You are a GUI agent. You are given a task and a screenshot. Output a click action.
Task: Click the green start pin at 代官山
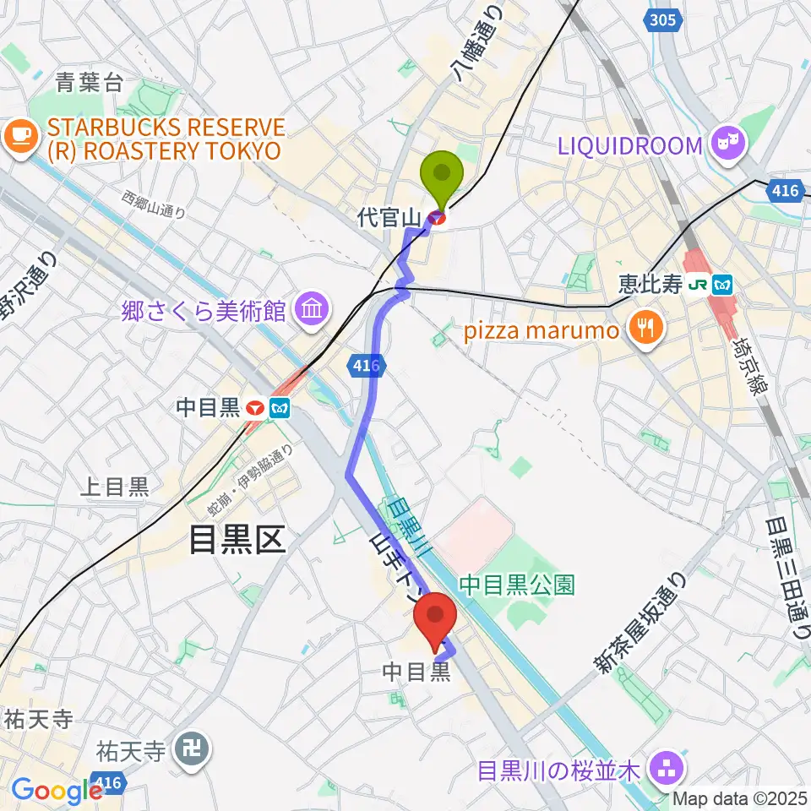pyautogui.click(x=442, y=176)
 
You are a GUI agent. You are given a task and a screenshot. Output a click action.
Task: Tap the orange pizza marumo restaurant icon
pyautogui.click(x=646, y=330)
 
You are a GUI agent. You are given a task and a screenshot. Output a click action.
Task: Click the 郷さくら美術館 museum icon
pyautogui.click(x=312, y=311)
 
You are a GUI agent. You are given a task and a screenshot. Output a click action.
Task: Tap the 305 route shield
pyautogui.click(x=664, y=19)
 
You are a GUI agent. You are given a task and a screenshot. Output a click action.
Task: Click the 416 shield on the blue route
pyautogui.click(x=367, y=366)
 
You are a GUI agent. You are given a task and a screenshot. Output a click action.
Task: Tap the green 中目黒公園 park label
pyautogui.click(x=517, y=585)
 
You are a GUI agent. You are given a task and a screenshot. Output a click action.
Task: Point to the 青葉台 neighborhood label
pyautogui.click(x=90, y=82)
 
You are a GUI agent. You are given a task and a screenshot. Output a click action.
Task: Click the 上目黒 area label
pyautogui.click(x=113, y=487)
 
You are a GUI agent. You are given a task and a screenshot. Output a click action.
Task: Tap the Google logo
pyautogui.click(x=57, y=792)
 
